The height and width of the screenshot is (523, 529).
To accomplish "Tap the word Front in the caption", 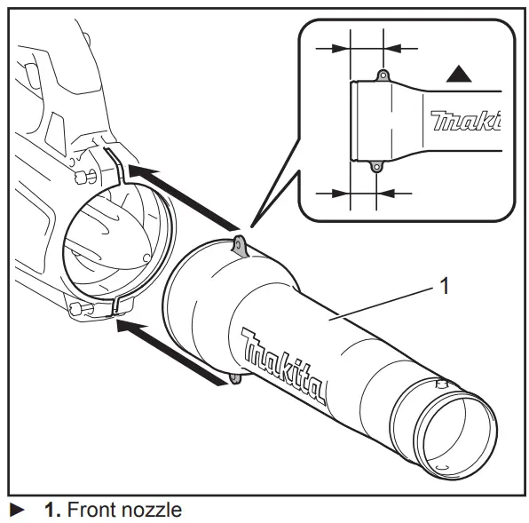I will pyautogui.click(x=91, y=510).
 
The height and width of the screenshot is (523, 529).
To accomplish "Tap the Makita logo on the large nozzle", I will pyautogui.click(x=282, y=364).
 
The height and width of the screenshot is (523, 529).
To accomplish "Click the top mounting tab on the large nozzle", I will pyautogui.click(x=239, y=244).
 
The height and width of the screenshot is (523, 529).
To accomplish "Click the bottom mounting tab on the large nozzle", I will pyautogui.click(x=235, y=379).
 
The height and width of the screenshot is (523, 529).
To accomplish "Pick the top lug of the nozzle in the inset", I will pyautogui.click(x=382, y=76).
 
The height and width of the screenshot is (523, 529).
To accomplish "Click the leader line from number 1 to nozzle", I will pyautogui.click(x=382, y=301).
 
